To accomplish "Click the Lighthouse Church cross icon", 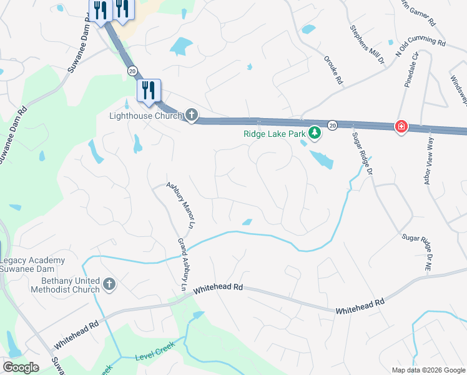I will tap(192, 116).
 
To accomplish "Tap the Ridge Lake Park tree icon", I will tap(316, 132).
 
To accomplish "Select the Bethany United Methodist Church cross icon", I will tap(109, 285).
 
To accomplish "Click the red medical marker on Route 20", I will tap(400, 127).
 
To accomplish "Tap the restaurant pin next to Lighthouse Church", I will tap(149, 91).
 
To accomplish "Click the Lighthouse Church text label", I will tap(145, 116).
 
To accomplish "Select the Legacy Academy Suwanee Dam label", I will tap(32, 264).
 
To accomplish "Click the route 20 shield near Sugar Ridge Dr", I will tap(333, 125).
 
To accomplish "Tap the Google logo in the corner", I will tap(21, 367).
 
